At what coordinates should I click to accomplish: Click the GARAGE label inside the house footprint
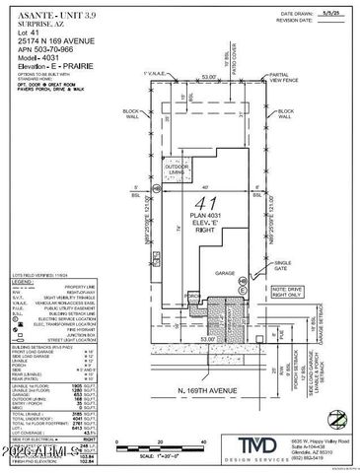[x=225, y=277]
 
